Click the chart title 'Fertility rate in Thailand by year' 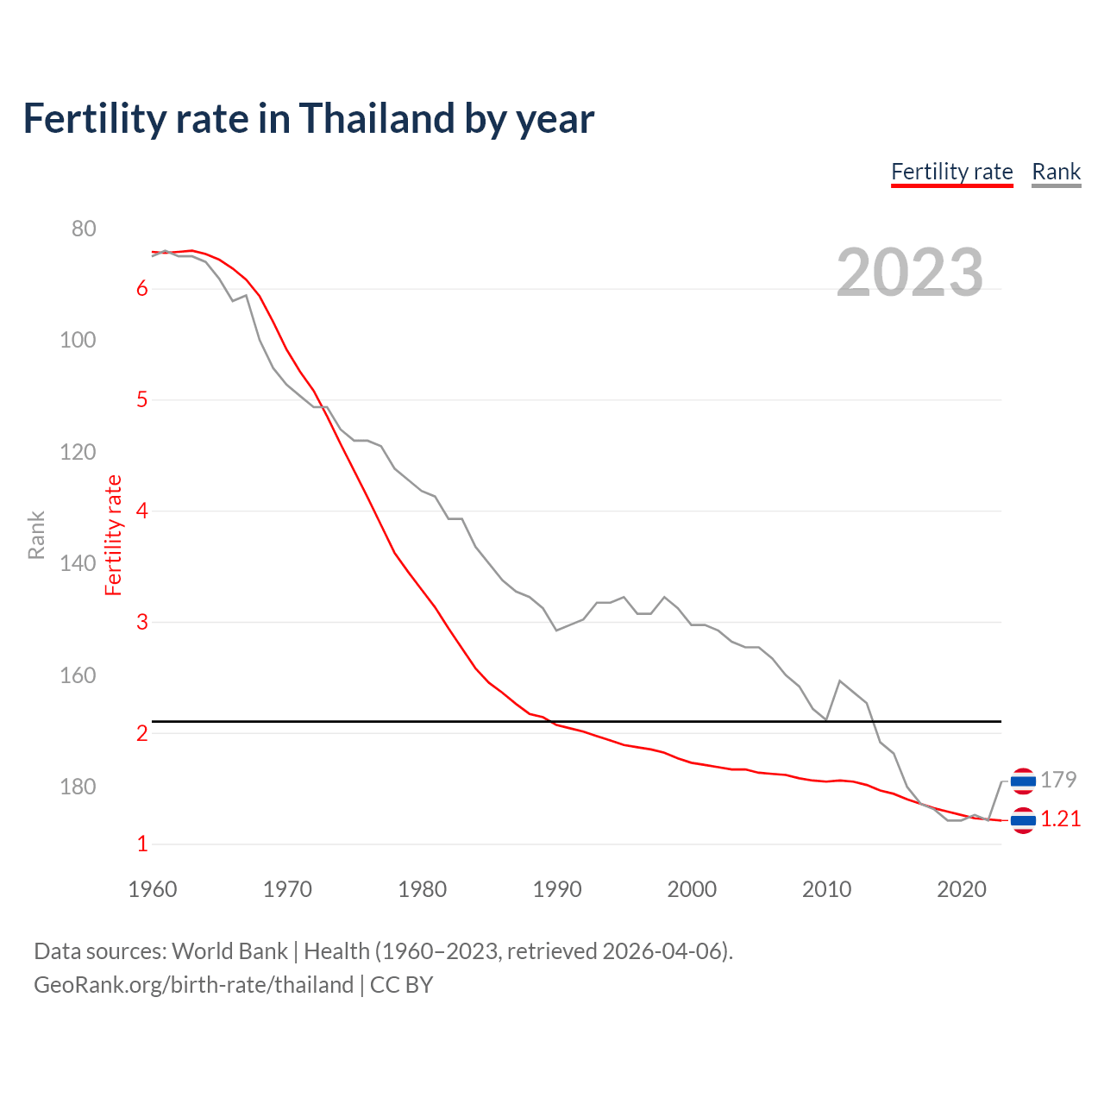[x=308, y=119]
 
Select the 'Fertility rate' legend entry [x=951, y=172]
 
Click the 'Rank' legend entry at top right [x=1056, y=172]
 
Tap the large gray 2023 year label [x=909, y=273]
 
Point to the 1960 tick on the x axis [x=153, y=889]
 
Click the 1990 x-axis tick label [x=557, y=889]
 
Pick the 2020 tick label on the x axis [x=962, y=889]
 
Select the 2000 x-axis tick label [x=692, y=889]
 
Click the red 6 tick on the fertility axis [x=142, y=289]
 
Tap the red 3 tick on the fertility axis [x=142, y=622]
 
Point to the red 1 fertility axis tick [x=142, y=844]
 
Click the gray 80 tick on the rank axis [x=84, y=229]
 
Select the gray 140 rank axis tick [x=78, y=563]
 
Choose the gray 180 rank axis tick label [x=78, y=787]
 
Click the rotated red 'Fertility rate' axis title [x=114, y=535]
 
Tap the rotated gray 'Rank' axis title [x=36, y=535]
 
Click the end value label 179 [x=1058, y=780]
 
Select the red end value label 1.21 [x=1060, y=819]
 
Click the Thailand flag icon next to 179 [x=1023, y=781]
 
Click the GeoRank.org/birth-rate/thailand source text [x=193, y=985]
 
